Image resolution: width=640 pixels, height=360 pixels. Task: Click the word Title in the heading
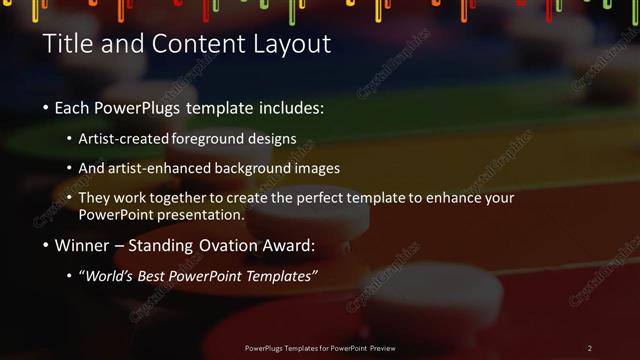click(67, 45)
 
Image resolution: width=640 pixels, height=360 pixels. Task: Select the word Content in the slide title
click(198, 45)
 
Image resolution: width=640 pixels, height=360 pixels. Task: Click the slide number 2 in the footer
click(589, 348)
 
